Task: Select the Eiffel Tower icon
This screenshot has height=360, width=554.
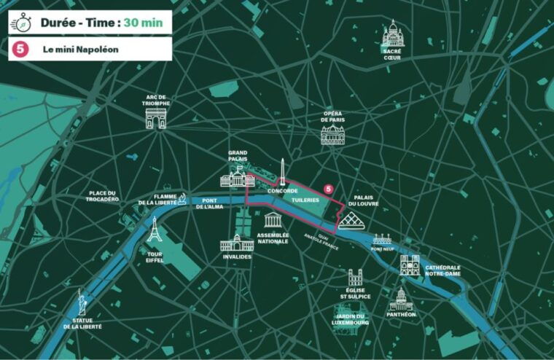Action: [x=154, y=232]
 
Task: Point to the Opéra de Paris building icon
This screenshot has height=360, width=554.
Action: [x=332, y=133]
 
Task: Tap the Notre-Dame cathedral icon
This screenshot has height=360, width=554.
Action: [x=410, y=266]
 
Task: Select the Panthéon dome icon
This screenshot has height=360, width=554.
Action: [x=400, y=299]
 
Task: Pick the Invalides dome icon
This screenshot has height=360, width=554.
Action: [x=237, y=243]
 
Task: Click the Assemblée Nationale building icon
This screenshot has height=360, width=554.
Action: [x=273, y=220]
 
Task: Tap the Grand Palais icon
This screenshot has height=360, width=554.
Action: [x=238, y=177]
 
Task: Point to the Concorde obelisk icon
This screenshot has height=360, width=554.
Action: [x=281, y=171]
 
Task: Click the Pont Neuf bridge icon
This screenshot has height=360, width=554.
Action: [x=382, y=240]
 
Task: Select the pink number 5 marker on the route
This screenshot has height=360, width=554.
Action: [x=328, y=189]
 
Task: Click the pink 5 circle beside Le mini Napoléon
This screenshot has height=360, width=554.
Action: [x=20, y=49]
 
